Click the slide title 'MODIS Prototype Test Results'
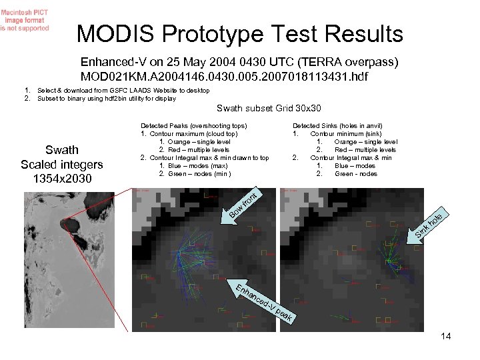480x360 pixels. point(240,34)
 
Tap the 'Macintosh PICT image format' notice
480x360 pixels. point(25,20)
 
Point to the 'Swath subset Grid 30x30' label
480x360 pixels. point(269,109)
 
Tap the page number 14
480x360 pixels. point(445,336)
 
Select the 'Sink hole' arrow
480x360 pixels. point(427,224)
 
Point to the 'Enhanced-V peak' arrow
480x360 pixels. point(265,303)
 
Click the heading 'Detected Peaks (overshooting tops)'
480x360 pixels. point(193,125)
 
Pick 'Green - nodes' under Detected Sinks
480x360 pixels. point(355,174)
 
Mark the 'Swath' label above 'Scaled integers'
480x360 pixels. point(61,150)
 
